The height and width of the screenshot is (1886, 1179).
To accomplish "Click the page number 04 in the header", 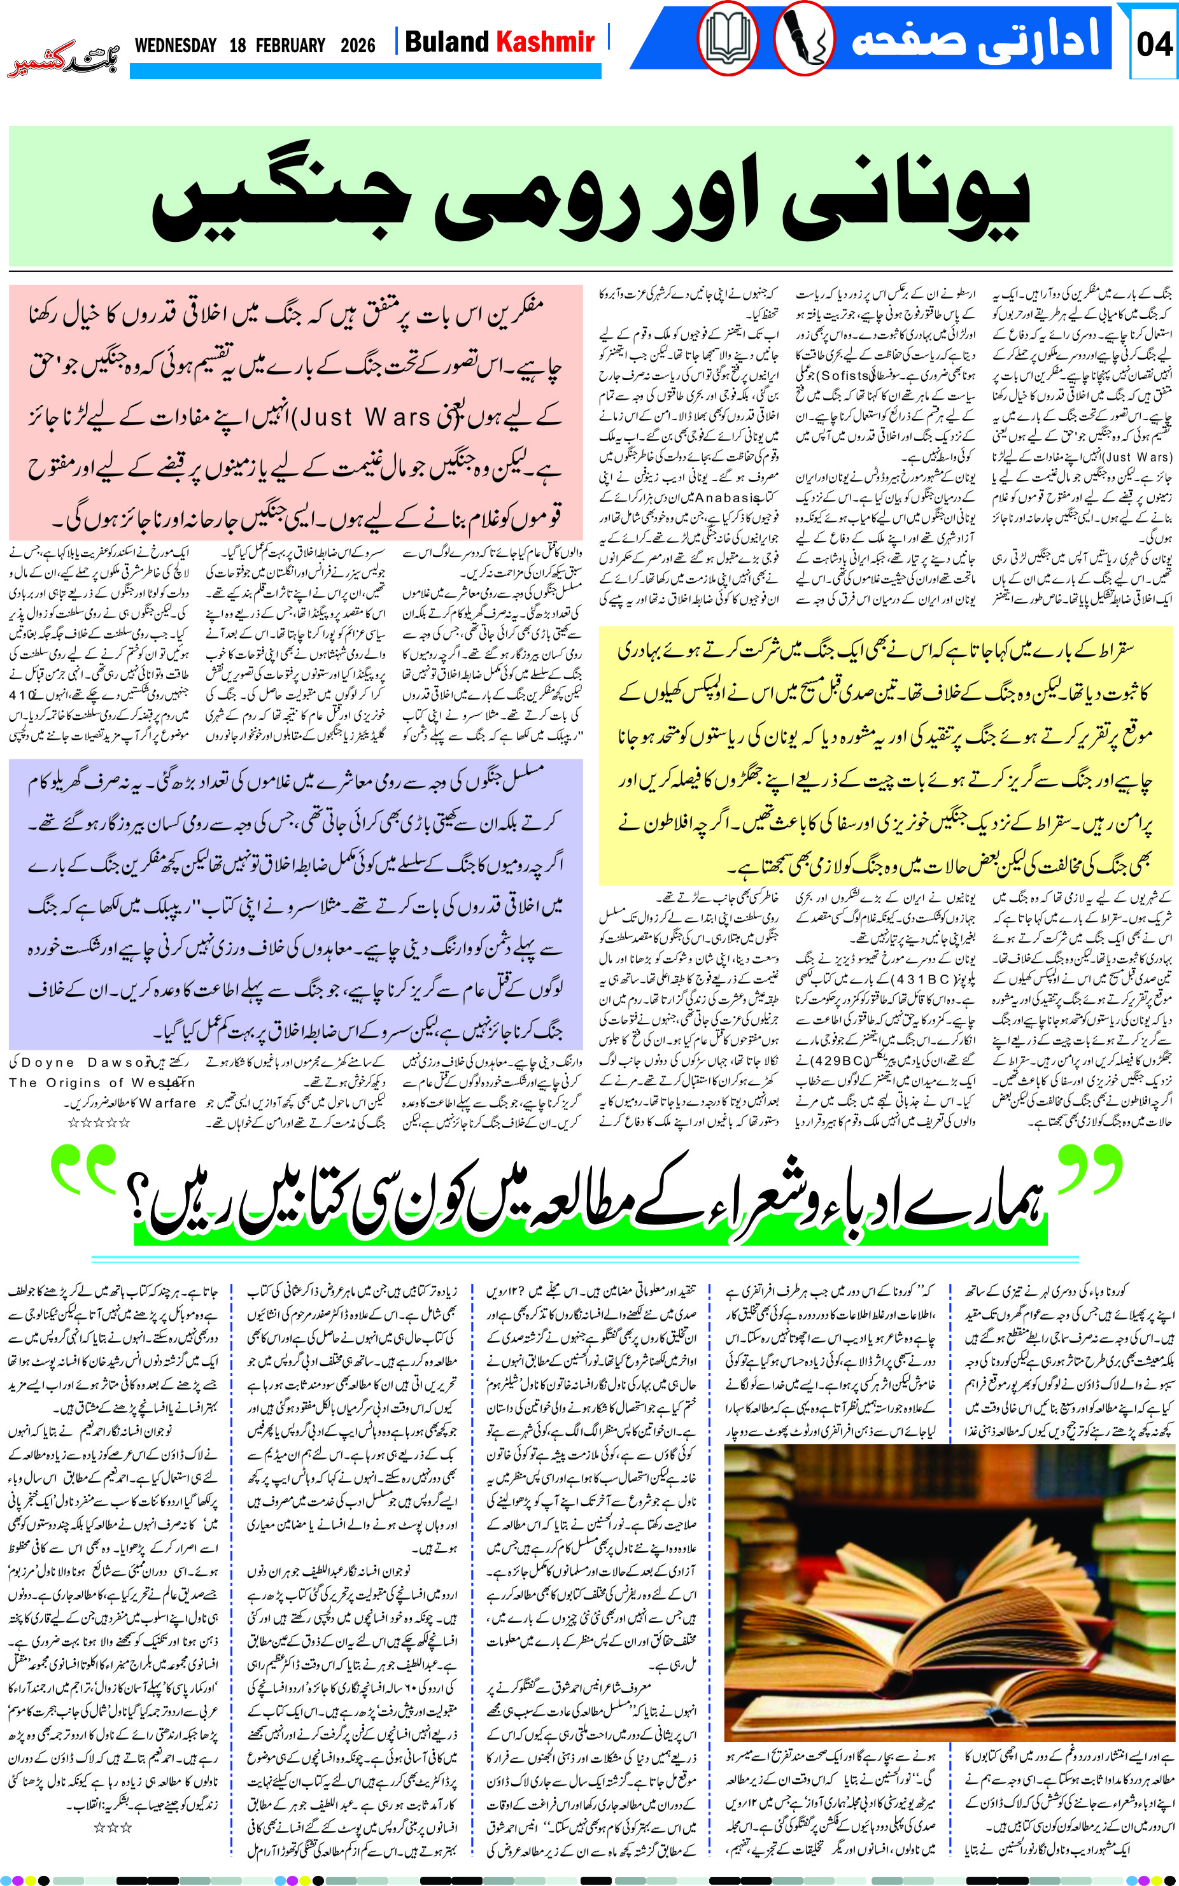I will (1154, 43).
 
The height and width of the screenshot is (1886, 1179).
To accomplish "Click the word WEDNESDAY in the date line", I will (176, 45).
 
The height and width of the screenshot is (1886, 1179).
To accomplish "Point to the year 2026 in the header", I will (358, 45).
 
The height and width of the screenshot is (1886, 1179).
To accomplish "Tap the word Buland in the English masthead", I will (447, 41).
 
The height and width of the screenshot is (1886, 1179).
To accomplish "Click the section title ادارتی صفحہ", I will (975, 39).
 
